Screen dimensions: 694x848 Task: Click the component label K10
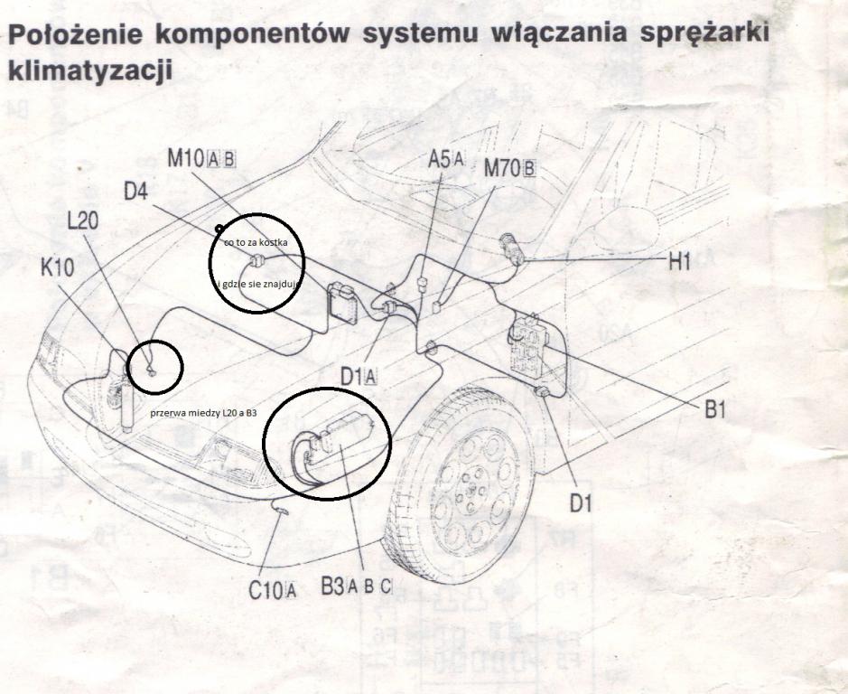coord(57,269)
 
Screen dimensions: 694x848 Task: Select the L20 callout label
coord(82,221)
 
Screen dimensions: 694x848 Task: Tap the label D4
coord(139,192)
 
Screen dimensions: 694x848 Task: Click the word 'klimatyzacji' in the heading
coord(89,71)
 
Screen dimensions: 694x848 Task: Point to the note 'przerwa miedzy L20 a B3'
coord(205,413)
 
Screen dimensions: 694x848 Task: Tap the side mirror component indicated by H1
coord(512,246)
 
